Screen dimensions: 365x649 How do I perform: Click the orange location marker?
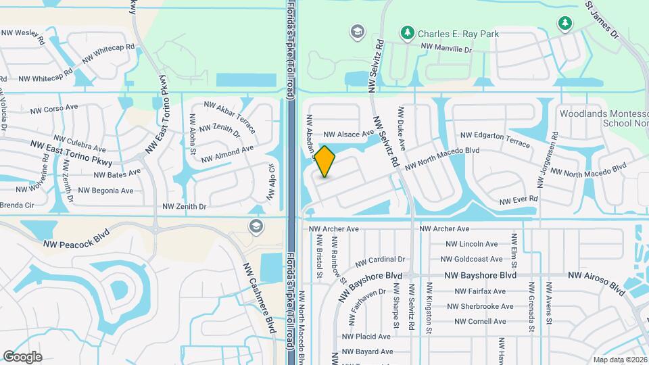tap(325, 162)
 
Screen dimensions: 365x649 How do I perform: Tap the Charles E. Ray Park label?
tap(449, 32)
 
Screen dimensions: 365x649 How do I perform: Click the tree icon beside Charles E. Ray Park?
tap(406, 32)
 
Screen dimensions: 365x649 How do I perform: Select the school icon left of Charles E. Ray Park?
tap(356, 32)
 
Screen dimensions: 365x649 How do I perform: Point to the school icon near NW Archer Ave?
tap(256, 226)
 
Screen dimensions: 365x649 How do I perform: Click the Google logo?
tap(22, 356)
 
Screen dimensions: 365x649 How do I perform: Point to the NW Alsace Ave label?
tap(348, 135)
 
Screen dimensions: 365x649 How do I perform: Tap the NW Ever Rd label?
tap(519, 200)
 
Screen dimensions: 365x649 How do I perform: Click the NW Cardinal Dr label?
tap(380, 260)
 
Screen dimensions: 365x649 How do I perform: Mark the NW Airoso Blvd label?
tap(597, 282)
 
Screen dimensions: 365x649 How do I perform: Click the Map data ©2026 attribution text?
tap(619, 360)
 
